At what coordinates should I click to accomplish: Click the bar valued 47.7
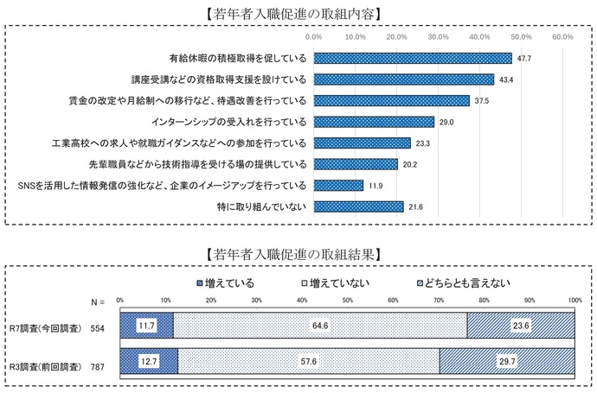pyautogui.click(x=413, y=59)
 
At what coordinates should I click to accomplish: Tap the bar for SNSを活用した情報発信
pyautogui.click(x=338, y=185)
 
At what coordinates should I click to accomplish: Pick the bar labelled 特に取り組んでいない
pyautogui.click(x=358, y=206)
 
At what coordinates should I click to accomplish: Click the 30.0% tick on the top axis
pyautogui.click(x=438, y=38)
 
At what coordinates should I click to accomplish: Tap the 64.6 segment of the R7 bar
pyautogui.click(x=320, y=325)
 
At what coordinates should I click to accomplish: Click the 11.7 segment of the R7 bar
pyautogui.click(x=147, y=325)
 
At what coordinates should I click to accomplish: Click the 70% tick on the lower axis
pyautogui.click(x=438, y=301)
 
